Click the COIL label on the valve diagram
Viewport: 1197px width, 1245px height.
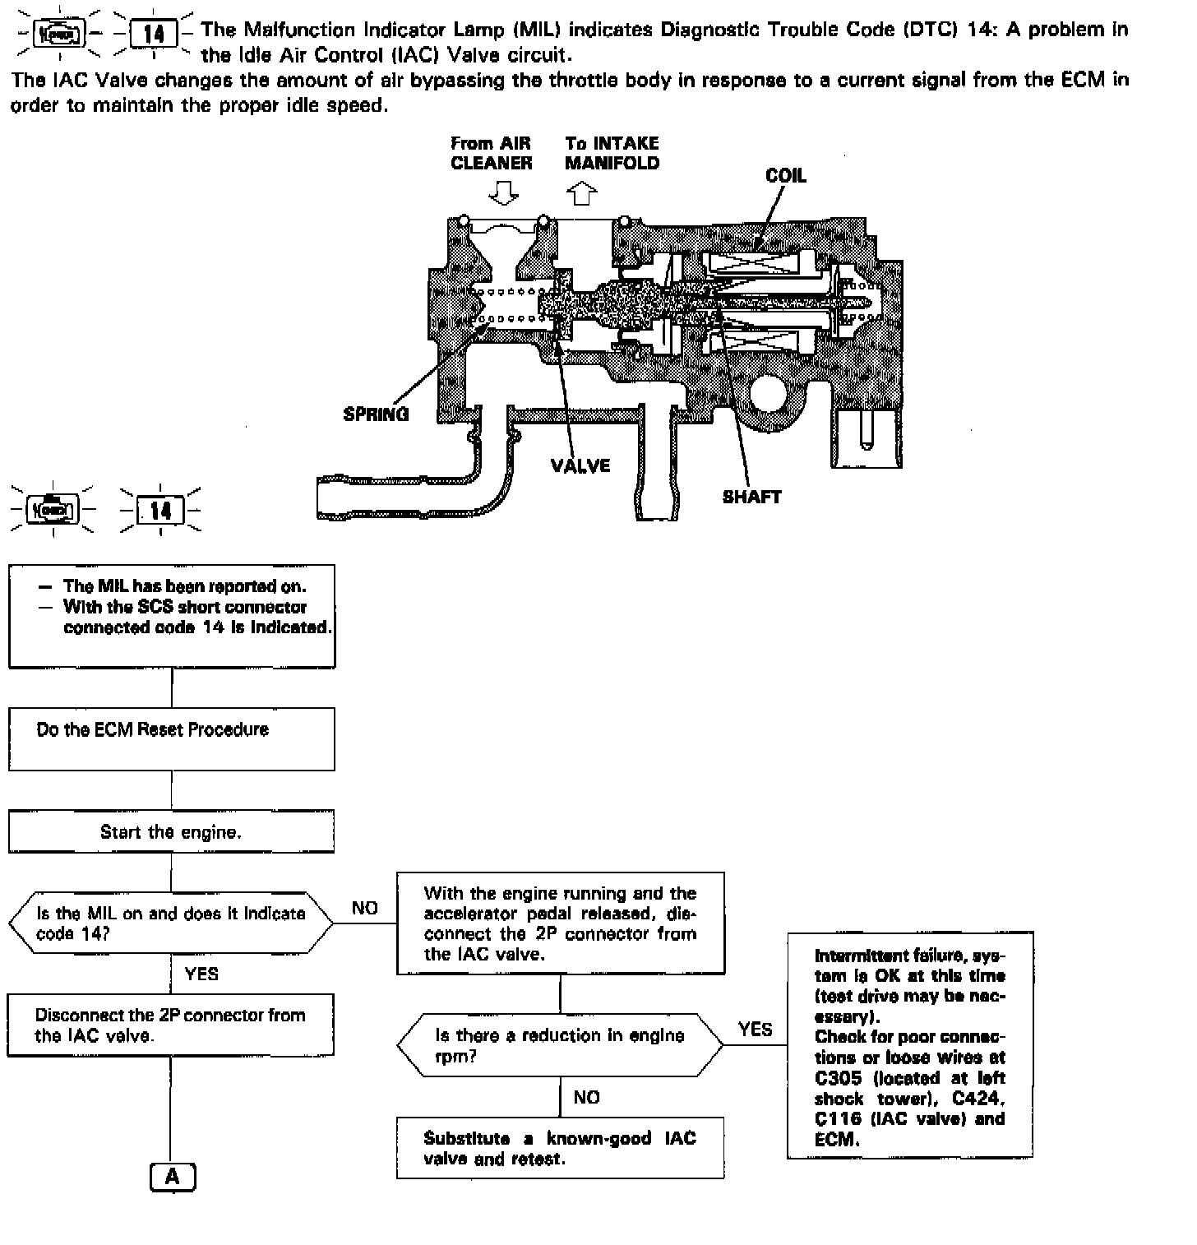tap(785, 175)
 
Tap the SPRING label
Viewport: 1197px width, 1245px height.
tap(376, 414)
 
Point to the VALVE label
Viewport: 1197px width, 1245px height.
tap(580, 465)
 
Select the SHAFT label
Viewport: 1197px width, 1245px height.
tap(751, 497)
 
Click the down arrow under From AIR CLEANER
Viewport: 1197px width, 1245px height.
tap(503, 194)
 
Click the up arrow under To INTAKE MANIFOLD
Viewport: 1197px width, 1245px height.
tap(582, 194)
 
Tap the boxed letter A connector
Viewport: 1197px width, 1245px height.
tap(172, 1177)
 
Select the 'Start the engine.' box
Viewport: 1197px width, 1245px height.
tap(171, 831)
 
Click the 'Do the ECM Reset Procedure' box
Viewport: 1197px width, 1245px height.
tap(171, 739)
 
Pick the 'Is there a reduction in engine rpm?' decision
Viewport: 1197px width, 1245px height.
tap(560, 1046)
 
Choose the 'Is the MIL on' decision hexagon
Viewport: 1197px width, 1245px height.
tap(171, 923)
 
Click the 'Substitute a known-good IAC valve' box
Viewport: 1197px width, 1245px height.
tap(560, 1148)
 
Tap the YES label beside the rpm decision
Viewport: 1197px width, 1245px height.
tap(755, 1029)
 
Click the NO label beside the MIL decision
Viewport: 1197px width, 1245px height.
tap(364, 908)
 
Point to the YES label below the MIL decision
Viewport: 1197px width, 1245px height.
tap(201, 974)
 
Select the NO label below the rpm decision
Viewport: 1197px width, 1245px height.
tap(586, 1097)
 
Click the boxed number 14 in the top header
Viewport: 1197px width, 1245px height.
tap(153, 34)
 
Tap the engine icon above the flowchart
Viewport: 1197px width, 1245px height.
tap(53, 511)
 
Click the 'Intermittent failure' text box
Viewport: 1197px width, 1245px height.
tap(909, 1046)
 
